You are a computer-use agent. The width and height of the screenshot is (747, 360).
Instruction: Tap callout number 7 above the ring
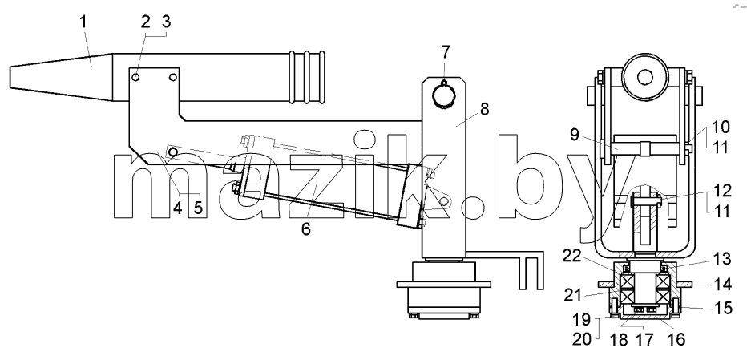pos(445,52)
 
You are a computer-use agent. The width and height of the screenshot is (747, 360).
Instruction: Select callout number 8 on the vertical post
pos(484,109)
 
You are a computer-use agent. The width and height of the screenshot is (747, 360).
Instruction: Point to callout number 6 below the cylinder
pos(306,229)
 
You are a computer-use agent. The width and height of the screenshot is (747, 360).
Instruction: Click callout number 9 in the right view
pos(575,135)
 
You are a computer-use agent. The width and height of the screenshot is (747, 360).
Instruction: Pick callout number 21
pos(573,295)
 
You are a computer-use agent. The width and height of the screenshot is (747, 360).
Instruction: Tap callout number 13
pos(721,259)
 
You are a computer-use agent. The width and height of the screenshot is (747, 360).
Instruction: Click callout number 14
pos(723,285)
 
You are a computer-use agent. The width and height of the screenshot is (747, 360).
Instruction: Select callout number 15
pos(723,308)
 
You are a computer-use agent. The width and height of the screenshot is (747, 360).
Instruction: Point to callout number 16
pos(676,339)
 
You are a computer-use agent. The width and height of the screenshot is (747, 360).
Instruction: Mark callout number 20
pos(582,339)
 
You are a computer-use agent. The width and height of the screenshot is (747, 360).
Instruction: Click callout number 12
pos(722,190)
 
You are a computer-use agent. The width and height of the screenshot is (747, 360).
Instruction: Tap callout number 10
pos(721,127)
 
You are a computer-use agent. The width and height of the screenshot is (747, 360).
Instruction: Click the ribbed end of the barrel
pos(307,77)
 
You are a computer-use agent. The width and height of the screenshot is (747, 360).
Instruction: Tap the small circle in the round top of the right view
pos(645,77)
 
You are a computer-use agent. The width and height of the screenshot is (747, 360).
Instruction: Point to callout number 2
pos(145,22)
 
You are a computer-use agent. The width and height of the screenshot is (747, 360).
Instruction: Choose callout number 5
pos(198,208)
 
